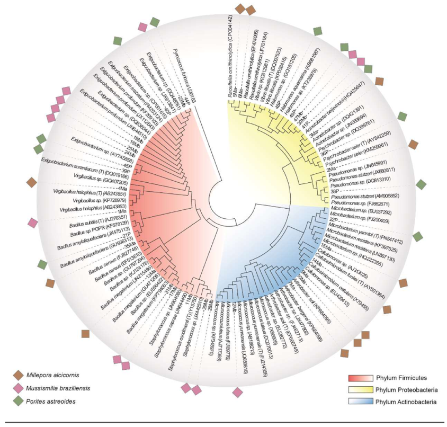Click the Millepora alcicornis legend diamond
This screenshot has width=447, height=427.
(x=18, y=376)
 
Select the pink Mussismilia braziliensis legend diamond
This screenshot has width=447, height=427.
(x=18, y=388)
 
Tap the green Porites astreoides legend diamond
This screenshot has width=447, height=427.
(x=18, y=401)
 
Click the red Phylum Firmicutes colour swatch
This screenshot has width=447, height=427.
(x=359, y=378)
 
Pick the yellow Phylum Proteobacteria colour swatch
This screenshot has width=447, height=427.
(x=359, y=390)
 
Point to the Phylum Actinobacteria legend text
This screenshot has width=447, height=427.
(x=406, y=402)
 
